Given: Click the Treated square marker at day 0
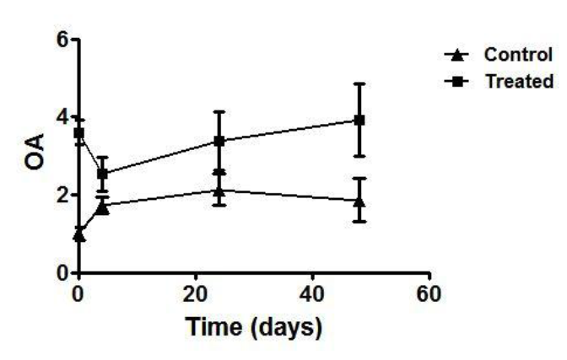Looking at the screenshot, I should click(79, 133).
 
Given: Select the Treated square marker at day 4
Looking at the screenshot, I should click(103, 174).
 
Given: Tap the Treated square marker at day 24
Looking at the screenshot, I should click(219, 141).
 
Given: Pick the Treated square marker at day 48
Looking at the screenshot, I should click(359, 120).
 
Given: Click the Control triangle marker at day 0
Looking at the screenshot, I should click(79, 235).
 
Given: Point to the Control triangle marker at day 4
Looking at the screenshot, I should click(103, 206).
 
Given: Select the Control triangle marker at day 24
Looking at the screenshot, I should click(219, 191).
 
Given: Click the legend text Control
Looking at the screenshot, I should click(518, 55).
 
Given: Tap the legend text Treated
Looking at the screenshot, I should click(519, 82).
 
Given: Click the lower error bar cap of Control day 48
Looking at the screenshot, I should click(359, 221).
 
